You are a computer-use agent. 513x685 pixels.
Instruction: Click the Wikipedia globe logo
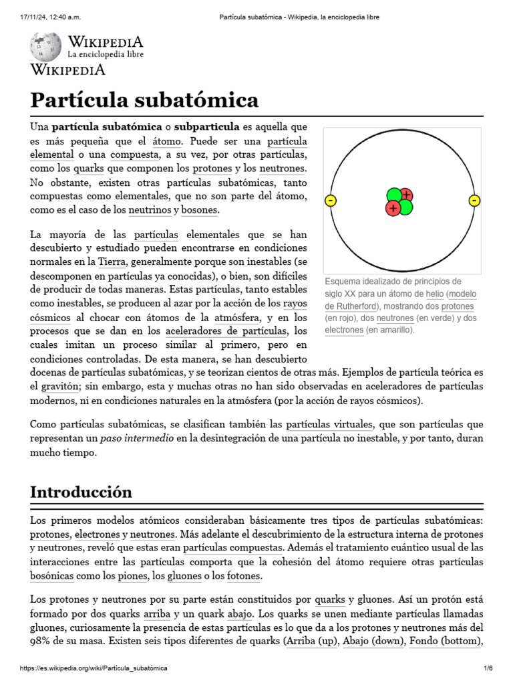(45, 47)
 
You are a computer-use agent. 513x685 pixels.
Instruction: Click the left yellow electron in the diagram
(330, 201)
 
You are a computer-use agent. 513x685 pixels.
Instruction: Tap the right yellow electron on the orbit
(474, 201)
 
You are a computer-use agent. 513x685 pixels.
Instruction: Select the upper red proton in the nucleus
(406, 195)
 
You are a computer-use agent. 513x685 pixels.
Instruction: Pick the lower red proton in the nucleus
(393, 209)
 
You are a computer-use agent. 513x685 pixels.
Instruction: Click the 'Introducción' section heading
(81, 492)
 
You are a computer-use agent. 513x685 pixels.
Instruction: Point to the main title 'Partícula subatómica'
(144, 100)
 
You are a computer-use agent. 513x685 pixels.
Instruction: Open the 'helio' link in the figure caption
(435, 294)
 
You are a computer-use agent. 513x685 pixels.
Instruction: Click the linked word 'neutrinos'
(149, 210)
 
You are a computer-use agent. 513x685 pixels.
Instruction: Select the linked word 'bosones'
(200, 210)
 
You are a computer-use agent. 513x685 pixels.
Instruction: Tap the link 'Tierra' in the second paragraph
(112, 262)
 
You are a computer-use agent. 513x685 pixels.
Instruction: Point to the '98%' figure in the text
(42, 642)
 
